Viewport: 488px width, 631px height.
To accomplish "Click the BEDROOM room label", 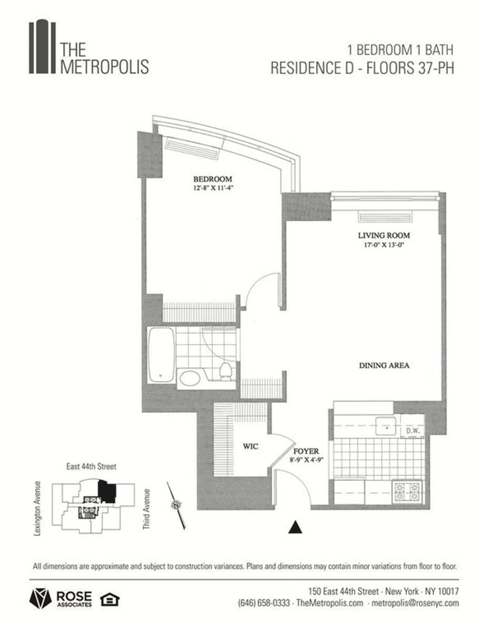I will (x=212, y=179).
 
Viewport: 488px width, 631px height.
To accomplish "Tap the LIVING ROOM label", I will (x=383, y=236).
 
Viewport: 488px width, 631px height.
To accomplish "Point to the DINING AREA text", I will (x=384, y=365).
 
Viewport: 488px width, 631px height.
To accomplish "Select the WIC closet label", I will (x=251, y=446).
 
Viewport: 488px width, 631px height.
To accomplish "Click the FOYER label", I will (x=306, y=451).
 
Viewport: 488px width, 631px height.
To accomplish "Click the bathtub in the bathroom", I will (x=161, y=355).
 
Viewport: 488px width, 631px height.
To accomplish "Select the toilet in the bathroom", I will (x=225, y=371).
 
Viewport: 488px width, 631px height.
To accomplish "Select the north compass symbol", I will (x=176, y=505).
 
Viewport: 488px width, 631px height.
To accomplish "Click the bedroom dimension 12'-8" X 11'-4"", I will (x=212, y=188).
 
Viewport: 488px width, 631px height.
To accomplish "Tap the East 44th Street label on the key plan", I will (x=91, y=467).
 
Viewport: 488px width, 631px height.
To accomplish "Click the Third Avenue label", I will (x=146, y=509).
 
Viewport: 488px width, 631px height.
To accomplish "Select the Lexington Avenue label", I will (x=38, y=509).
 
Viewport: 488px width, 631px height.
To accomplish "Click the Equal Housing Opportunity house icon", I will (x=109, y=599).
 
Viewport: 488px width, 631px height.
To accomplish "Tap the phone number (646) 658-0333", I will (x=264, y=603).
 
